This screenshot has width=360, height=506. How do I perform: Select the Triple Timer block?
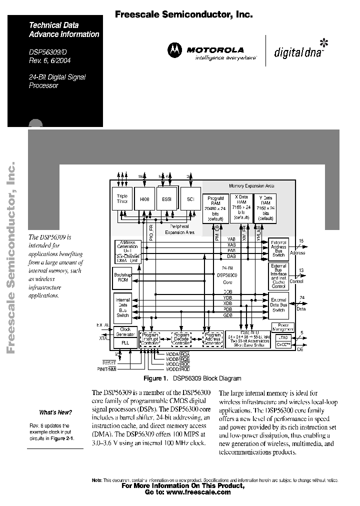[122, 199]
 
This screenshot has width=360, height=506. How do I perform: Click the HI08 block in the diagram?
[144, 199]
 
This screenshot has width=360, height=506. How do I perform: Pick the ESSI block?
[166, 199]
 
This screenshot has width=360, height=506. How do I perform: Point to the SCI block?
[190, 199]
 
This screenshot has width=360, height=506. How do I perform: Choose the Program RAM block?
[215, 208]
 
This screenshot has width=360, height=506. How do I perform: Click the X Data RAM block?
[241, 207]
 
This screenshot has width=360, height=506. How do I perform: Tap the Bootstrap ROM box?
[122, 276]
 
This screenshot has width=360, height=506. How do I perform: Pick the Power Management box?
[282, 327]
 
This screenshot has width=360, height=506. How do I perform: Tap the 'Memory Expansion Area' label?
[251, 185]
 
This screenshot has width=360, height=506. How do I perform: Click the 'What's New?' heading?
[55, 412]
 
